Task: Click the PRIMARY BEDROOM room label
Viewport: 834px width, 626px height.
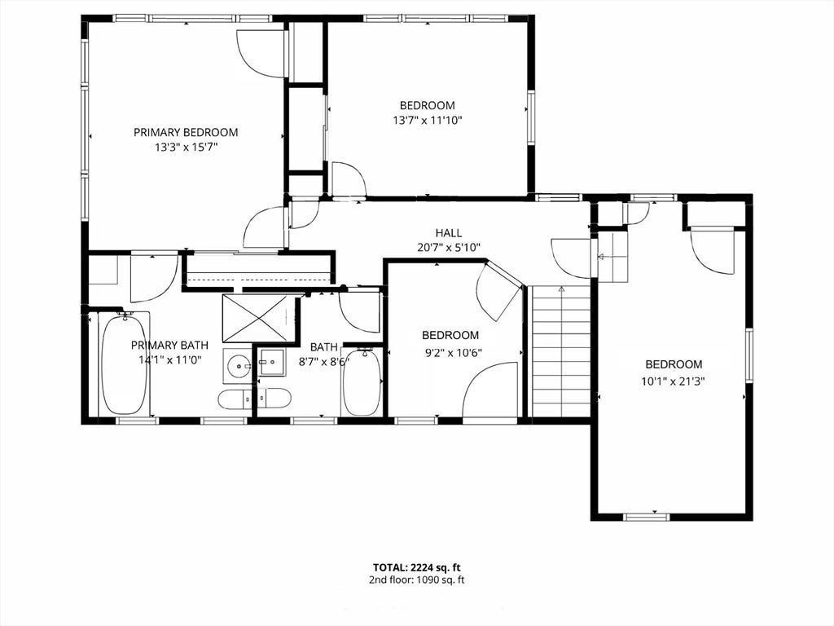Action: pos(186,132)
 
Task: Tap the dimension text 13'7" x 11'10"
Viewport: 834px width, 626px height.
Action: pos(427,121)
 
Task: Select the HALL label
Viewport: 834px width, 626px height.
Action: pos(449,232)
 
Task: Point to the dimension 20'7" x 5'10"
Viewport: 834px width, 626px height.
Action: pos(449,247)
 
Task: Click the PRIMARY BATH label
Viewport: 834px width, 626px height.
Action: pos(169,345)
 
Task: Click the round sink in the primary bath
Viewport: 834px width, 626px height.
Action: pos(238,366)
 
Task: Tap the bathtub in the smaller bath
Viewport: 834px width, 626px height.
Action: pos(362,381)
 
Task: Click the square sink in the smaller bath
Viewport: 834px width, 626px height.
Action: pos(272,363)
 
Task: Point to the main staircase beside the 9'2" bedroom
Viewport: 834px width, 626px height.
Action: pos(561,351)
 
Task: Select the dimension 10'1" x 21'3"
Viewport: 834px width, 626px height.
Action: pos(674,381)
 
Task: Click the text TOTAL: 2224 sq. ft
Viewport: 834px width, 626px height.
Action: pos(416,567)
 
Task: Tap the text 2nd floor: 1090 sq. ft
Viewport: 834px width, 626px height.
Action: pos(416,580)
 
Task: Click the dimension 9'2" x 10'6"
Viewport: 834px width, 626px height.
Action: pos(450,351)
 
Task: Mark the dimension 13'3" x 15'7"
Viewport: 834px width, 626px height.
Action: pos(187,147)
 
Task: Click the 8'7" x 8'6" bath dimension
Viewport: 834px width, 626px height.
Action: pos(324,362)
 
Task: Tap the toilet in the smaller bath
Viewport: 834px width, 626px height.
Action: pos(274,397)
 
